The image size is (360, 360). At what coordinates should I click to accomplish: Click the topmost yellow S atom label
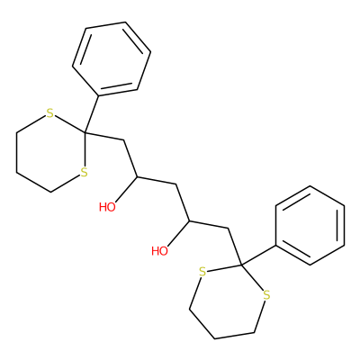(x=50, y=113)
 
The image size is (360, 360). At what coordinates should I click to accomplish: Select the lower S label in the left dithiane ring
(x=85, y=173)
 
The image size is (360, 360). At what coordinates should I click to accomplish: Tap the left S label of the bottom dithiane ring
(x=202, y=273)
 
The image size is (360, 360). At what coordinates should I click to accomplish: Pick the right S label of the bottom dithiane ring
(x=266, y=295)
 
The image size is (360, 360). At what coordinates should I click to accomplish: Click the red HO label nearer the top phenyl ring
(x=107, y=207)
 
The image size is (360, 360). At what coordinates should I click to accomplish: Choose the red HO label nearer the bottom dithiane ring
(x=159, y=251)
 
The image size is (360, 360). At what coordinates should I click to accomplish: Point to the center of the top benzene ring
(x=112, y=59)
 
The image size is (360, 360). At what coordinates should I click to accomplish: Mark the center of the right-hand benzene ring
(x=310, y=225)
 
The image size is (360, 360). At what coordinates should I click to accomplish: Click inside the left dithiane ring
(x=50, y=152)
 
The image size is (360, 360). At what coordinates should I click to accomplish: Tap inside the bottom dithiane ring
(x=228, y=300)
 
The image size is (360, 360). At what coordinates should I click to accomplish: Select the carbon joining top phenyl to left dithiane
(x=85, y=132)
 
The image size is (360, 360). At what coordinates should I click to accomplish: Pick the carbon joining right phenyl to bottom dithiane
(x=242, y=265)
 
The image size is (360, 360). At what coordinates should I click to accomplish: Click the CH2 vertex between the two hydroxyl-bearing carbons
(x=175, y=184)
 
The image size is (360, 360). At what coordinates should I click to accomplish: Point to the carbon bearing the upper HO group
(x=137, y=176)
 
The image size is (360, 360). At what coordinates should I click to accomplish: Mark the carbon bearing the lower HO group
(x=189, y=220)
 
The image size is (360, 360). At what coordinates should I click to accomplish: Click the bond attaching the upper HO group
(x=126, y=189)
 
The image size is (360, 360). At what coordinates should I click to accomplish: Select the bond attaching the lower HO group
(x=178, y=233)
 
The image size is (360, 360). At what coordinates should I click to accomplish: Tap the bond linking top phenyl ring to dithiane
(x=92, y=114)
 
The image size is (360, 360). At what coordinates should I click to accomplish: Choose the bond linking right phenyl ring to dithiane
(x=258, y=256)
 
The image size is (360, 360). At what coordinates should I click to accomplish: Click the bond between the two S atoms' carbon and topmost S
(x=69, y=124)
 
